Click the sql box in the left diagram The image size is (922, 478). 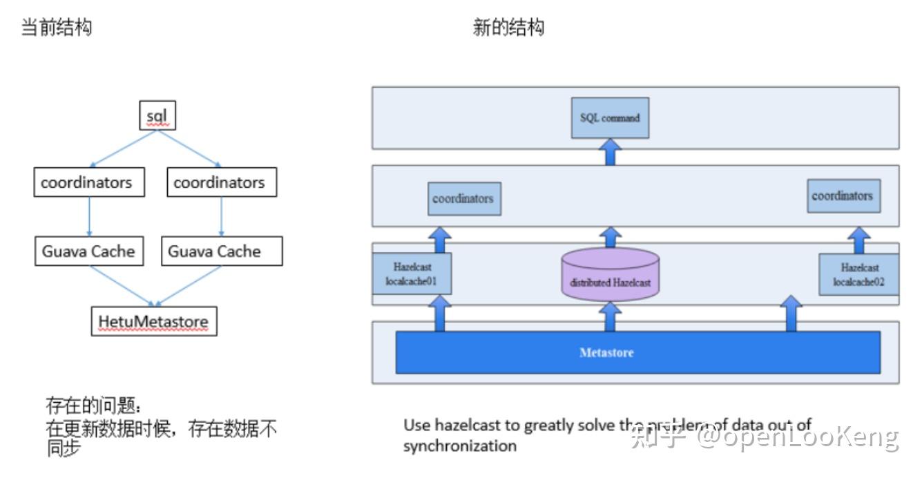point(157,116)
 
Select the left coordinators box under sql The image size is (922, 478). point(86,183)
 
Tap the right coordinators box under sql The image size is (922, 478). point(219,183)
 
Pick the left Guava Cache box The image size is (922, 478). point(88,251)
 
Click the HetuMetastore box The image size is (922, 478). point(153,322)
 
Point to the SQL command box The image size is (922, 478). point(610,118)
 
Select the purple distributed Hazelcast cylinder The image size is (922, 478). point(610,276)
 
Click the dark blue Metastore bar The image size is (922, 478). point(637,352)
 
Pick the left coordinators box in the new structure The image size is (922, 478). point(463,199)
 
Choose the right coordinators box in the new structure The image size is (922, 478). point(842,196)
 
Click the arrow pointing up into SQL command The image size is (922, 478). point(610,151)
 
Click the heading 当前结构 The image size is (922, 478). point(57,28)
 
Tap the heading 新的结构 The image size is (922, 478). point(508,28)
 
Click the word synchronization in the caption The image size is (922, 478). point(459,446)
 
